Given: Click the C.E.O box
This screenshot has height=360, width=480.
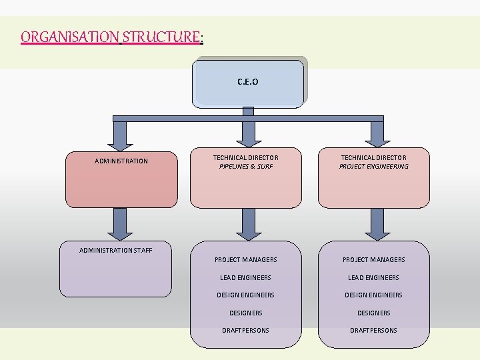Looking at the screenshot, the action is pos(248,83).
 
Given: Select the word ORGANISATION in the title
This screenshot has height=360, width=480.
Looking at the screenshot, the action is pos(69,37).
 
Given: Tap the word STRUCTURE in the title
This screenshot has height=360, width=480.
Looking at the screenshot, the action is pos(161,37).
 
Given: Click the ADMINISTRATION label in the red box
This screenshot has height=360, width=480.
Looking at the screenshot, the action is pos(121,161).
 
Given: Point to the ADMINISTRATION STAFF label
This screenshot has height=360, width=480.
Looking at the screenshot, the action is pos(116,251).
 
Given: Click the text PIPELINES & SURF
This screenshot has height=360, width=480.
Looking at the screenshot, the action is pos(246,167).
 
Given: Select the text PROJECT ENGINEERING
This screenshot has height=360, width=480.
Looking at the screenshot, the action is pos(374,167).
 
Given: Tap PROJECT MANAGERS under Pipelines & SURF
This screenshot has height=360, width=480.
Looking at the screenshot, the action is pos(246,260).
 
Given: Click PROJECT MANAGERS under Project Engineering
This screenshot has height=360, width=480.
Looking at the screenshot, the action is pos(374,260).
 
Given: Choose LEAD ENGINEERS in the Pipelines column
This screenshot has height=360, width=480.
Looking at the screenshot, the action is pos(246,278).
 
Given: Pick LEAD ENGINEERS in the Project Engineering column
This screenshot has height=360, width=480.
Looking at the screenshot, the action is pos(374,278).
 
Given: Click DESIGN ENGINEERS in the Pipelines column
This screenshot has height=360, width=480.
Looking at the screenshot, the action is pos(246,295).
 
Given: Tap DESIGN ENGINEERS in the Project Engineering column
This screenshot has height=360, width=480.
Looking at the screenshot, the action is pos(374,295).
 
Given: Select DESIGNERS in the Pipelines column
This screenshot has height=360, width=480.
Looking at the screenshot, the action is pos(246,313).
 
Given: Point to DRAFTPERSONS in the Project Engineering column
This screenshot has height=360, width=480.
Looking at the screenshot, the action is pos(374,331).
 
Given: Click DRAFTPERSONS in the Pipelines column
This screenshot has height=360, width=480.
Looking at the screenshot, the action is pos(246,331).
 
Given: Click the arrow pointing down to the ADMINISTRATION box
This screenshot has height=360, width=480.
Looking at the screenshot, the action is pos(121,135).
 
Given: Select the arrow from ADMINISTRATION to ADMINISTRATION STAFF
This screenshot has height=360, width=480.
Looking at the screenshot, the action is pos(121,224).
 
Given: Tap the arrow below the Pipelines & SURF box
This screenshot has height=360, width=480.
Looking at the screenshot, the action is pos(248,224).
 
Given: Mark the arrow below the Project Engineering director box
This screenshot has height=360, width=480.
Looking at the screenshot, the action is pos(376,224).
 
